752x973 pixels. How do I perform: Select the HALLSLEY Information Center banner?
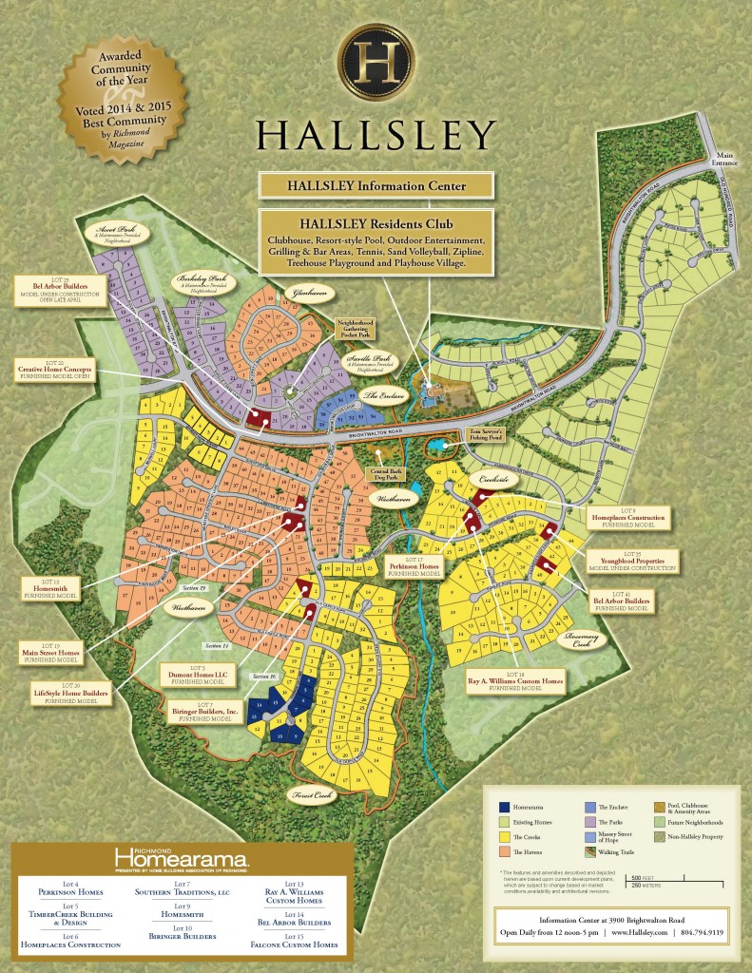pos(376,184)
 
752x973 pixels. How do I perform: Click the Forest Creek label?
pos(311,798)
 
